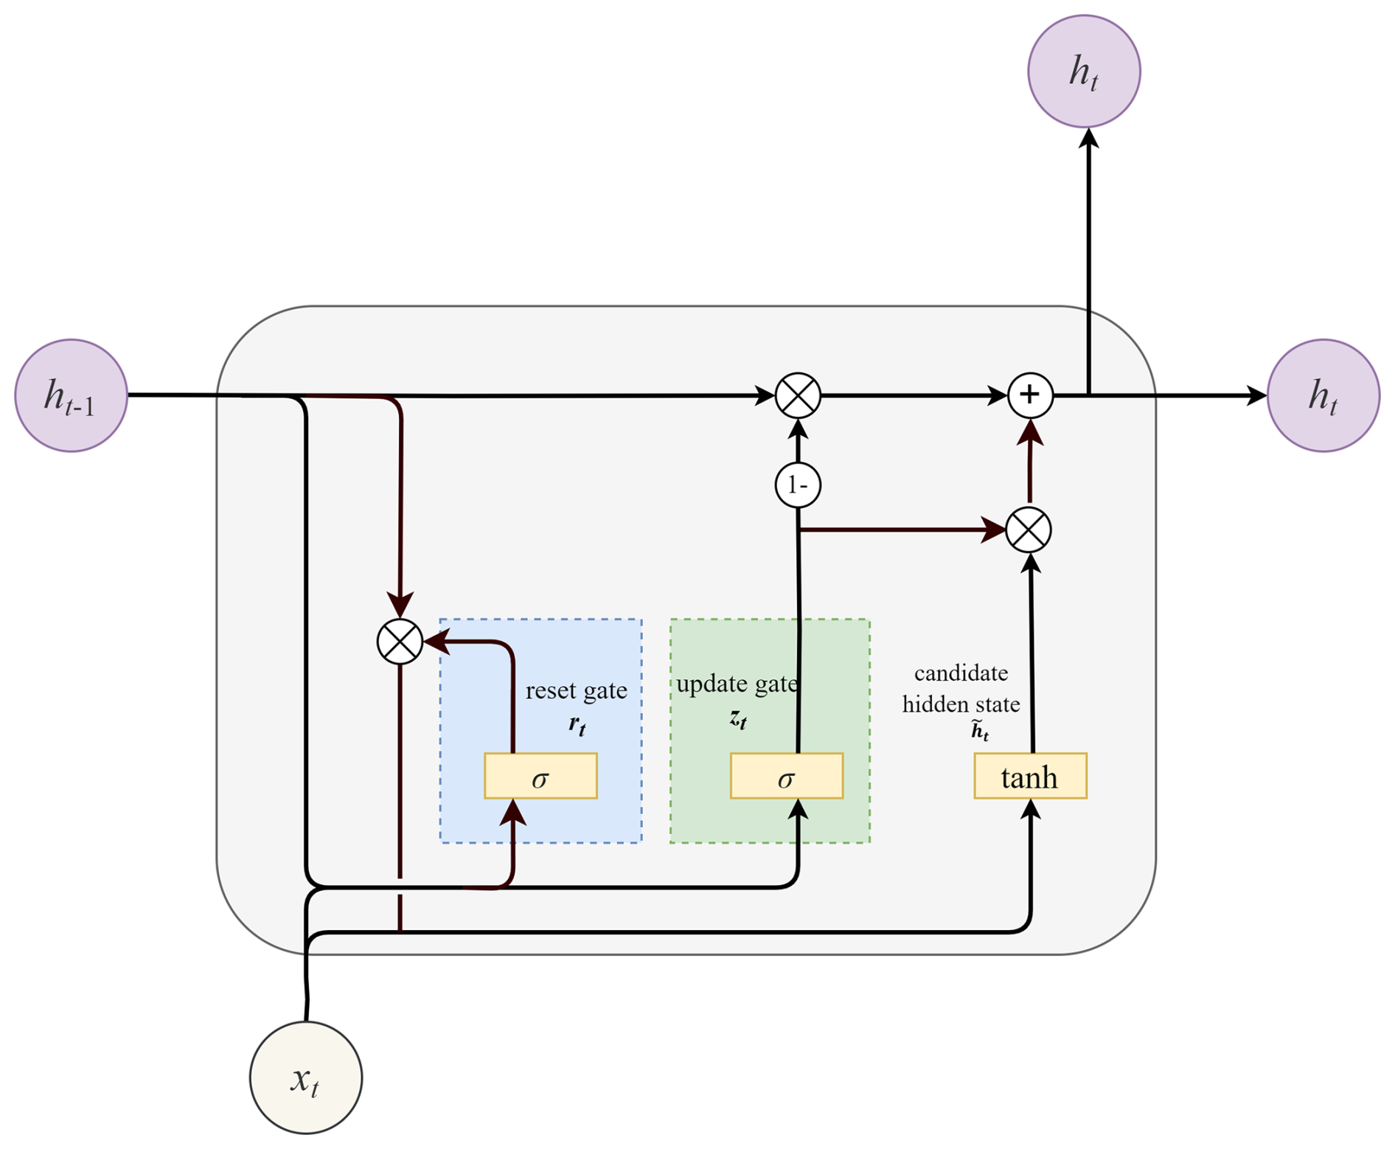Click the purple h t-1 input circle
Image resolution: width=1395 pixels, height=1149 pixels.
point(72,395)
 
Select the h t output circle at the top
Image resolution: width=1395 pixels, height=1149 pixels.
point(1084,72)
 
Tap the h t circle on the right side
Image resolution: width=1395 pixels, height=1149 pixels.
point(1323,395)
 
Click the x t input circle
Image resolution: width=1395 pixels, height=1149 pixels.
point(306,1077)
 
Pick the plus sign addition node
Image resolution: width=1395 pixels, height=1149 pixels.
point(1030,395)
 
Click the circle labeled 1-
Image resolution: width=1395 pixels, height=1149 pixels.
point(798,485)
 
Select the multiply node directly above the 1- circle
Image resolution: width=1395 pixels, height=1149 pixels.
point(798,395)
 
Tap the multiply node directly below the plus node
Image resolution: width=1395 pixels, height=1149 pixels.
point(1029,530)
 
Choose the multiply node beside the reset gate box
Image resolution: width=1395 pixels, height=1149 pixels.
point(400,642)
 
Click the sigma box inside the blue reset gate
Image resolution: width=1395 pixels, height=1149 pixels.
point(540,776)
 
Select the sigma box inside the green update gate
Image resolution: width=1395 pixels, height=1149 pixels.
point(787,776)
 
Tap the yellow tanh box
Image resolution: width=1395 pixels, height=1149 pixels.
point(1030,776)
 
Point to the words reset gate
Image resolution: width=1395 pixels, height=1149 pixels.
point(576,691)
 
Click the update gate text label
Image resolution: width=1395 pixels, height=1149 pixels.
point(737,684)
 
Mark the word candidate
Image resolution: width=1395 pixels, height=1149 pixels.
point(961,673)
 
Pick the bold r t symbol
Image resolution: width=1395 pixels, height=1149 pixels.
point(577,725)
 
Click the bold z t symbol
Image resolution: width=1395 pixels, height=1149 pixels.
point(738,718)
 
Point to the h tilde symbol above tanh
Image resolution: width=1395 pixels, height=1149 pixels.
point(980,731)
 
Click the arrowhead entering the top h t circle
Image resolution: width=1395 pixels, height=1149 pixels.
point(1088,139)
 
